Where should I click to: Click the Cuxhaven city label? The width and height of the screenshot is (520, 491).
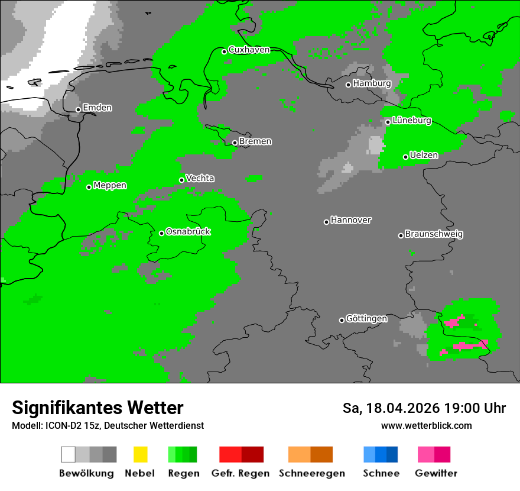[x=249, y=50]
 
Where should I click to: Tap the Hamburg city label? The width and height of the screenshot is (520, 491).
[x=372, y=83]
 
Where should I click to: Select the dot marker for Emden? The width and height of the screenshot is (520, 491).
[x=78, y=109]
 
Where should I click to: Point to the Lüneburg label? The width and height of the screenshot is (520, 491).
[x=411, y=120]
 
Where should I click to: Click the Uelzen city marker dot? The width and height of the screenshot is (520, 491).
[x=405, y=157]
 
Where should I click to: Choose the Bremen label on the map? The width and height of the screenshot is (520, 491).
[x=255, y=141]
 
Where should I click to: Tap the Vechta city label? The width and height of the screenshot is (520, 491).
[x=200, y=178]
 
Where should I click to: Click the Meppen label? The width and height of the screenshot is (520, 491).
[x=110, y=185]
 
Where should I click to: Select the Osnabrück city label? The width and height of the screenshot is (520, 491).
[x=188, y=231]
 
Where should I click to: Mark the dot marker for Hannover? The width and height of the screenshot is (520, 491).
[x=326, y=222]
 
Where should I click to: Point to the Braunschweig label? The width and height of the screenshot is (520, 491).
[x=434, y=234]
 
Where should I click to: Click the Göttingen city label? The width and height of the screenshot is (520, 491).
[x=366, y=318]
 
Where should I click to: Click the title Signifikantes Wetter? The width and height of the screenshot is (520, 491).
[x=97, y=408]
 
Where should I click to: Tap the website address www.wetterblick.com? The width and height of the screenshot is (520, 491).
[x=426, y=425]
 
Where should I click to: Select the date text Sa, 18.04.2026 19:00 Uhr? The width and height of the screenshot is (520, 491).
[x=424, y=408]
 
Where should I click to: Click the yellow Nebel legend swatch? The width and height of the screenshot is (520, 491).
[x=140, y=454]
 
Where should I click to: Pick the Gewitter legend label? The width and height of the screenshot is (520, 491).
[x=436, y=473]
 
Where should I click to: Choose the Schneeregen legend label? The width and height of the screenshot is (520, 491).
[x=312, y=473]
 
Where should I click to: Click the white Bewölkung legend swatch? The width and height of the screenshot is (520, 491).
[x=69, y=454]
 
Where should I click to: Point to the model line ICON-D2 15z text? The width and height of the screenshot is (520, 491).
[x=108, y=425]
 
